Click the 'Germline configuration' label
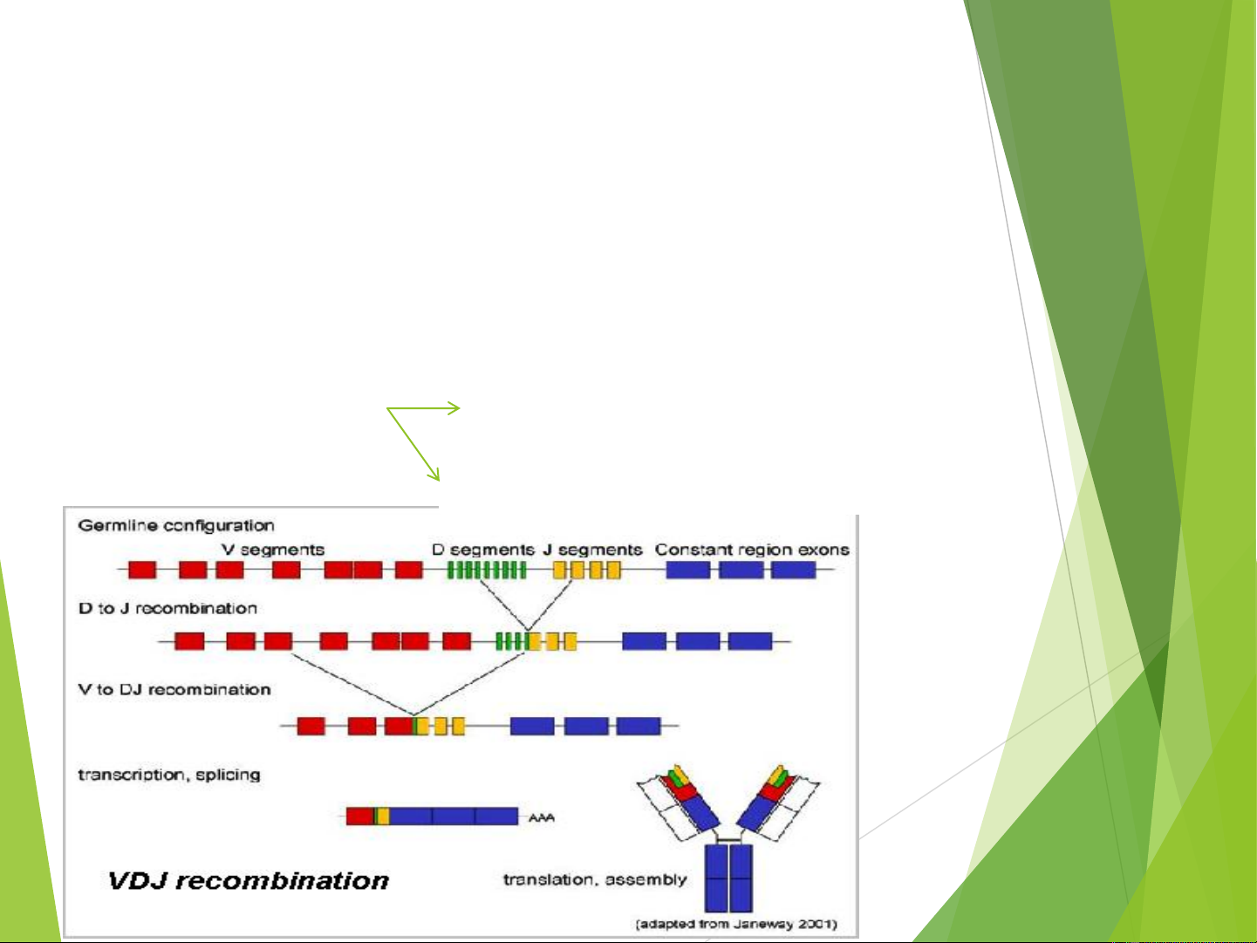[176, 525]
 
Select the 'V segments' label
[273, 550]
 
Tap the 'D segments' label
[483, 550]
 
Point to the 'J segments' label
[593, 550]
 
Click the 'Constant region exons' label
[752, 550]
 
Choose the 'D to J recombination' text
[167, 608]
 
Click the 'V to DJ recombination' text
[174, 689]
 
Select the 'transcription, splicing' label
[169, 775]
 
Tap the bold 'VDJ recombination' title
[249, 880]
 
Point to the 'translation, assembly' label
[595, 879]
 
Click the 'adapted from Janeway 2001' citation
[736, 924]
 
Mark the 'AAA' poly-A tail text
[541, 817]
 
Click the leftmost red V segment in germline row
[142, 570]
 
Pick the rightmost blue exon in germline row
[793, 570]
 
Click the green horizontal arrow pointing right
[424, 407]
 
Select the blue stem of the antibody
[729, 877]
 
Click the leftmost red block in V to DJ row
[311, 726]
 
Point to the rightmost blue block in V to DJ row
[639, 726]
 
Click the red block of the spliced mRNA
[359, 817]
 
